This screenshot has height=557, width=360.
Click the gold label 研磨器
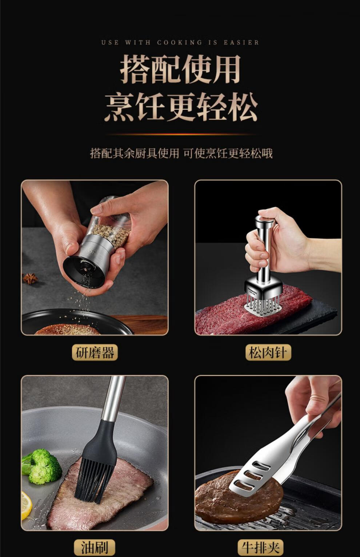95,352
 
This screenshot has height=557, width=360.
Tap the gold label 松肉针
268,352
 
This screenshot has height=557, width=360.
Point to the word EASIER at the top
241,43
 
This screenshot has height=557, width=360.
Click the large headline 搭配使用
180,69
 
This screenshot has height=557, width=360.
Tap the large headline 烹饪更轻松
180,107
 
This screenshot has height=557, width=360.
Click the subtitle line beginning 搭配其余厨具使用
181,153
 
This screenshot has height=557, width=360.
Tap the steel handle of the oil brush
113,398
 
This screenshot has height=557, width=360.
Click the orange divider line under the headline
181,134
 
